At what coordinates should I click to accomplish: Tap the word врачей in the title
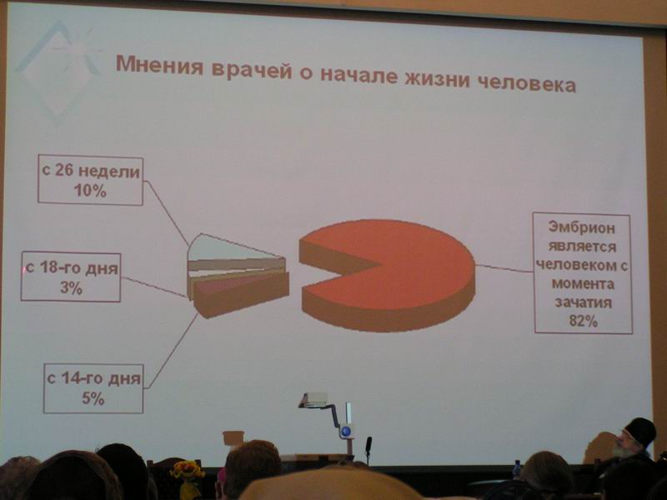[x=252, y=70]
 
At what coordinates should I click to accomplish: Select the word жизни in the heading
[x=437, y=78]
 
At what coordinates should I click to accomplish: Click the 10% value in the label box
[x=90, y=191]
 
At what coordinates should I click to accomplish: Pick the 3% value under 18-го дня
[x=71, y=287]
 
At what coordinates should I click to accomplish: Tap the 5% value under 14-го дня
[x=93, y=398]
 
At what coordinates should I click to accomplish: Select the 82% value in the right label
[x=583, y=321]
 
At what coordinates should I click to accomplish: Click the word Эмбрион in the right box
[x=581, y=227]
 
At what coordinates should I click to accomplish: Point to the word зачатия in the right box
[x=583, y=302]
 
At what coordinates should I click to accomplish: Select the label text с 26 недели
[x=91, y=172]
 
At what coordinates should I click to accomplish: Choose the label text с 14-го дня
[x=93, y=378]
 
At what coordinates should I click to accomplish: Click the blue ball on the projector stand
[x=346, y=432]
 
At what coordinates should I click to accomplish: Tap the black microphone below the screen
[x=369, y=445]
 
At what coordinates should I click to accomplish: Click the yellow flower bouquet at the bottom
[x=187, y=471]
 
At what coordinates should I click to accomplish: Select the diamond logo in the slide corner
[x=58, y=70]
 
